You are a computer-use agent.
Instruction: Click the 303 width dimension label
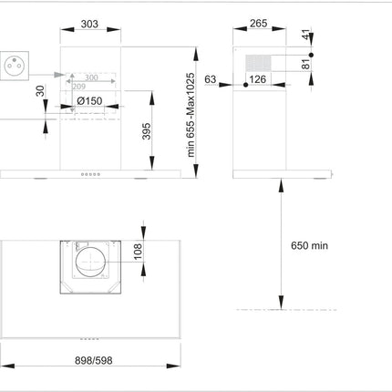click(x=89, y=24)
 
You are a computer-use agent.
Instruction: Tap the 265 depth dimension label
click(x=259, y=24)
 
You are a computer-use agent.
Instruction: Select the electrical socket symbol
click(x=15, y=66)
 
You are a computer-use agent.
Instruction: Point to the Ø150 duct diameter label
click(x=89, y=101)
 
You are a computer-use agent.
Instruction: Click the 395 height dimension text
click(x=147, y=131)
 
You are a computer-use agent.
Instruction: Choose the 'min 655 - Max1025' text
click(x=191, y=115)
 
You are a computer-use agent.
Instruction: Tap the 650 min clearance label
click(x=309, y=245)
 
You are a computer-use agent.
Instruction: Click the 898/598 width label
click(x=94, y=361)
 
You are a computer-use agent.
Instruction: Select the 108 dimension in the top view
click(x=138, y=252)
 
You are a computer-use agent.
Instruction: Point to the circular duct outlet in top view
click(x=90, y=262)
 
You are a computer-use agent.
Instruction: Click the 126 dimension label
click(x=258, y=79)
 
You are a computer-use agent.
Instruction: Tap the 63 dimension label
click(x=211, y=79)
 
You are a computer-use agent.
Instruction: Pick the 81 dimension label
click(x=306, y=64)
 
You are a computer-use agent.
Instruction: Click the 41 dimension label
click(x=306, y=35)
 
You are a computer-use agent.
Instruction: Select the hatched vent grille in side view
click(x=258, y=63)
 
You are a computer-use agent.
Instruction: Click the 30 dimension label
click(x=40, y=91)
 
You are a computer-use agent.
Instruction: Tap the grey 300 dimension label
click(x=91, y=77)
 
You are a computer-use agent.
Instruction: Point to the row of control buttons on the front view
click(x=90, y=174)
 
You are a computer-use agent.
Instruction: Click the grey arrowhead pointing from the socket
click(x=59, y=75)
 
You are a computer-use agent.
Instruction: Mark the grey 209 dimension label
click(x=79, y=87)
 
